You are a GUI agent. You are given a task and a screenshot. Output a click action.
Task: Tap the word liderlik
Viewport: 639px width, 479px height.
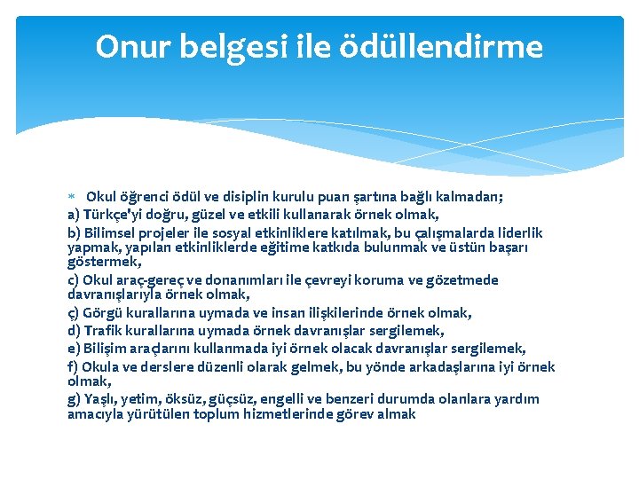point(512,232)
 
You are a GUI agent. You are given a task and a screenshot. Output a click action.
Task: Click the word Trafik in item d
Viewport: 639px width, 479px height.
point(106,331)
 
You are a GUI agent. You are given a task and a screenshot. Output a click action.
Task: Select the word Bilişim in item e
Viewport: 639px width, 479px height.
point(107,349)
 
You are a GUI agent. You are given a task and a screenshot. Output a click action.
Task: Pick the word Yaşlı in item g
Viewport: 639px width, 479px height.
point(101,399)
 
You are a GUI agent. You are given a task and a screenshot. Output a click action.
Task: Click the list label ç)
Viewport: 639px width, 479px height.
point(75,312)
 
